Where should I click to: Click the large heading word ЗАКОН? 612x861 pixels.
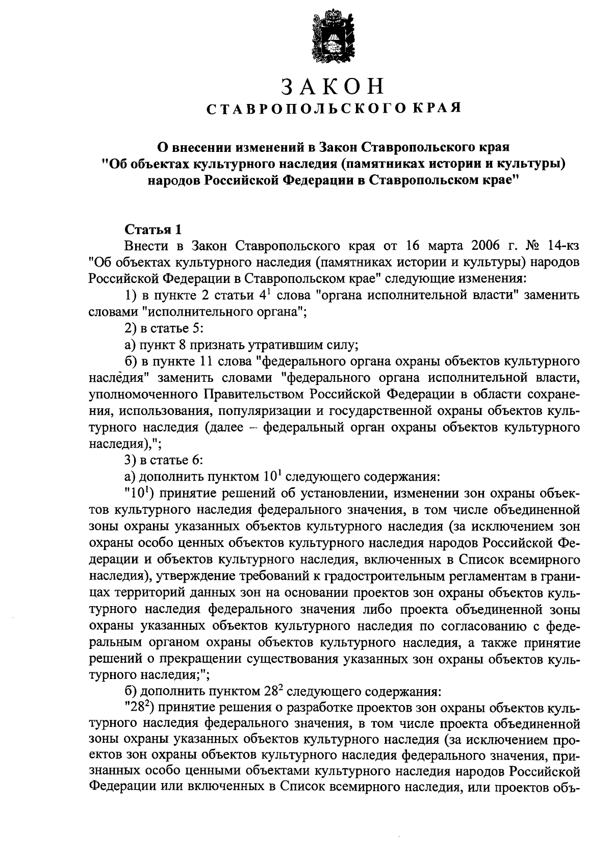(334, 87)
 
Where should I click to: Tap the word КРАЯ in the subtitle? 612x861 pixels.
(439, 108)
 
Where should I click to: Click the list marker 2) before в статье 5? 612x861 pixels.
(131, 329)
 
